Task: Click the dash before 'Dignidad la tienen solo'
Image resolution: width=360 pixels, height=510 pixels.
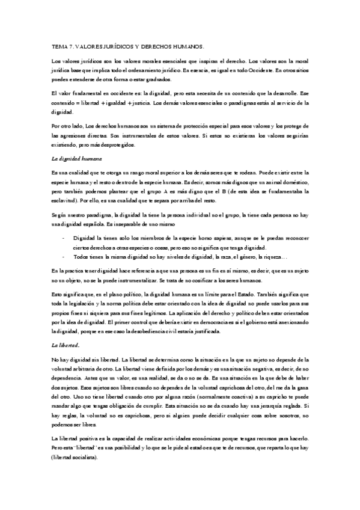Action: (x=64, y=239)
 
